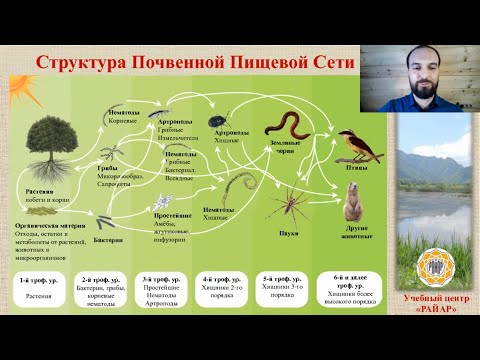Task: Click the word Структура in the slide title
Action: (x=76, y=62)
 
